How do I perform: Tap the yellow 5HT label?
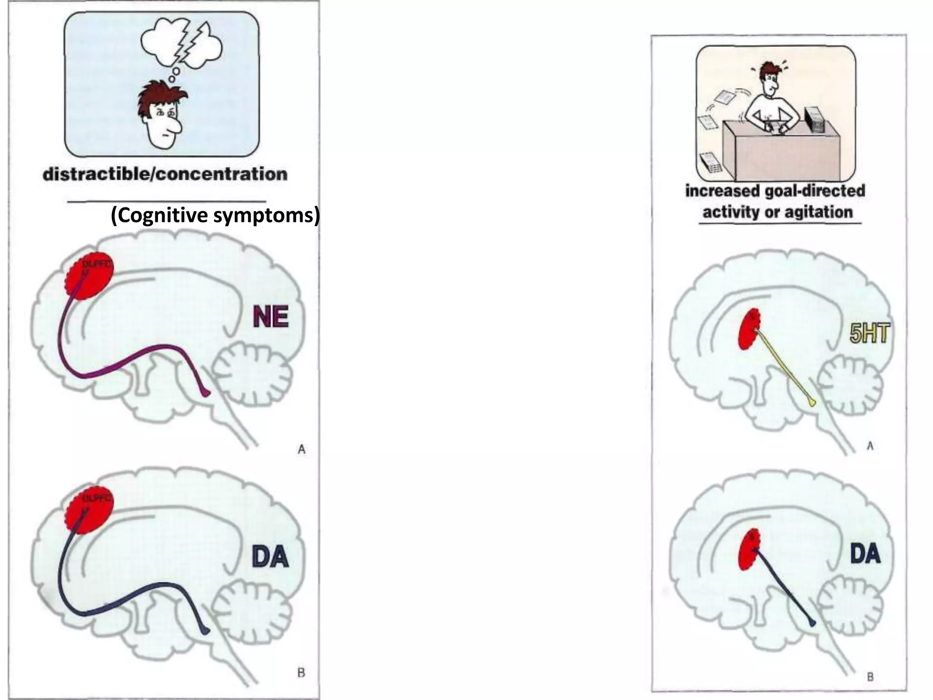[868, 334]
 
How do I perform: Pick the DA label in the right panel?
[865, 554]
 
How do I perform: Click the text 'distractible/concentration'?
[165, 175]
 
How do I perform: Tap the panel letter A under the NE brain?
[302, 450]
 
